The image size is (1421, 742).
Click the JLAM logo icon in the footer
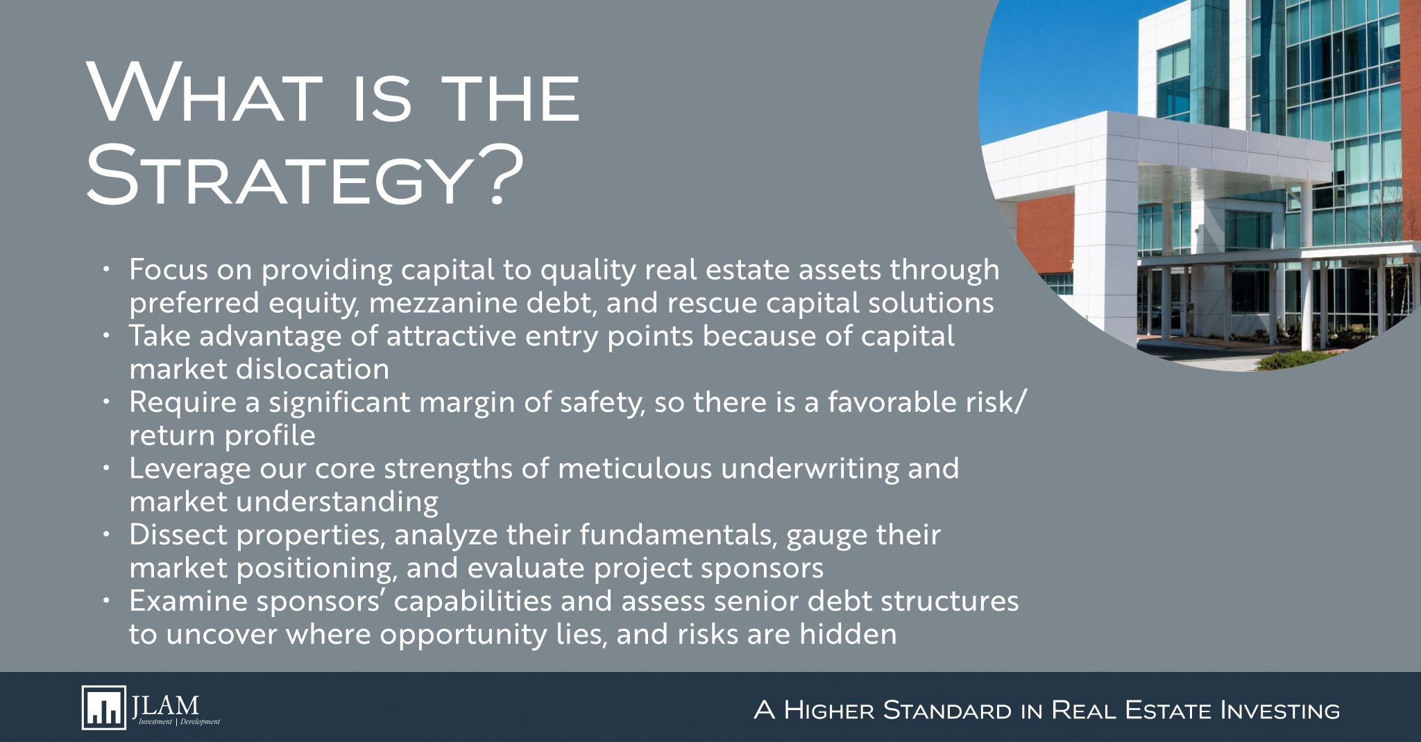point(103,707)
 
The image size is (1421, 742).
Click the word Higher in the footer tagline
point(826,710)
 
